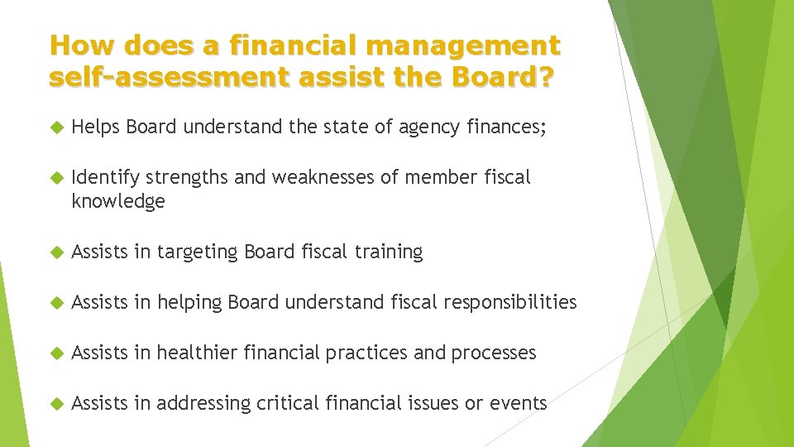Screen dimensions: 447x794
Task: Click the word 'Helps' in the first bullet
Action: tap(97, 127)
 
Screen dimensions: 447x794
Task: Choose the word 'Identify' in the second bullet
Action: tap(106, 177)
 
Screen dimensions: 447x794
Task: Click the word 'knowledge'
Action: tap(118, 201)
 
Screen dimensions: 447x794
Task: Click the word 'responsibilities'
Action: tap(510, 302)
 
